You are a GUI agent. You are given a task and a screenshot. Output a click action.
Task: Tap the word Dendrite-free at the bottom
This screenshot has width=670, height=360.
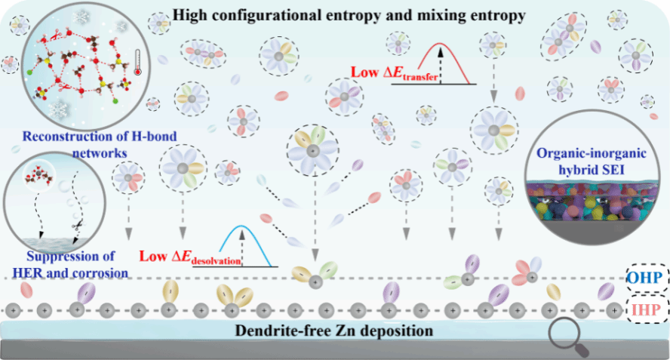coord(282,330)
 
